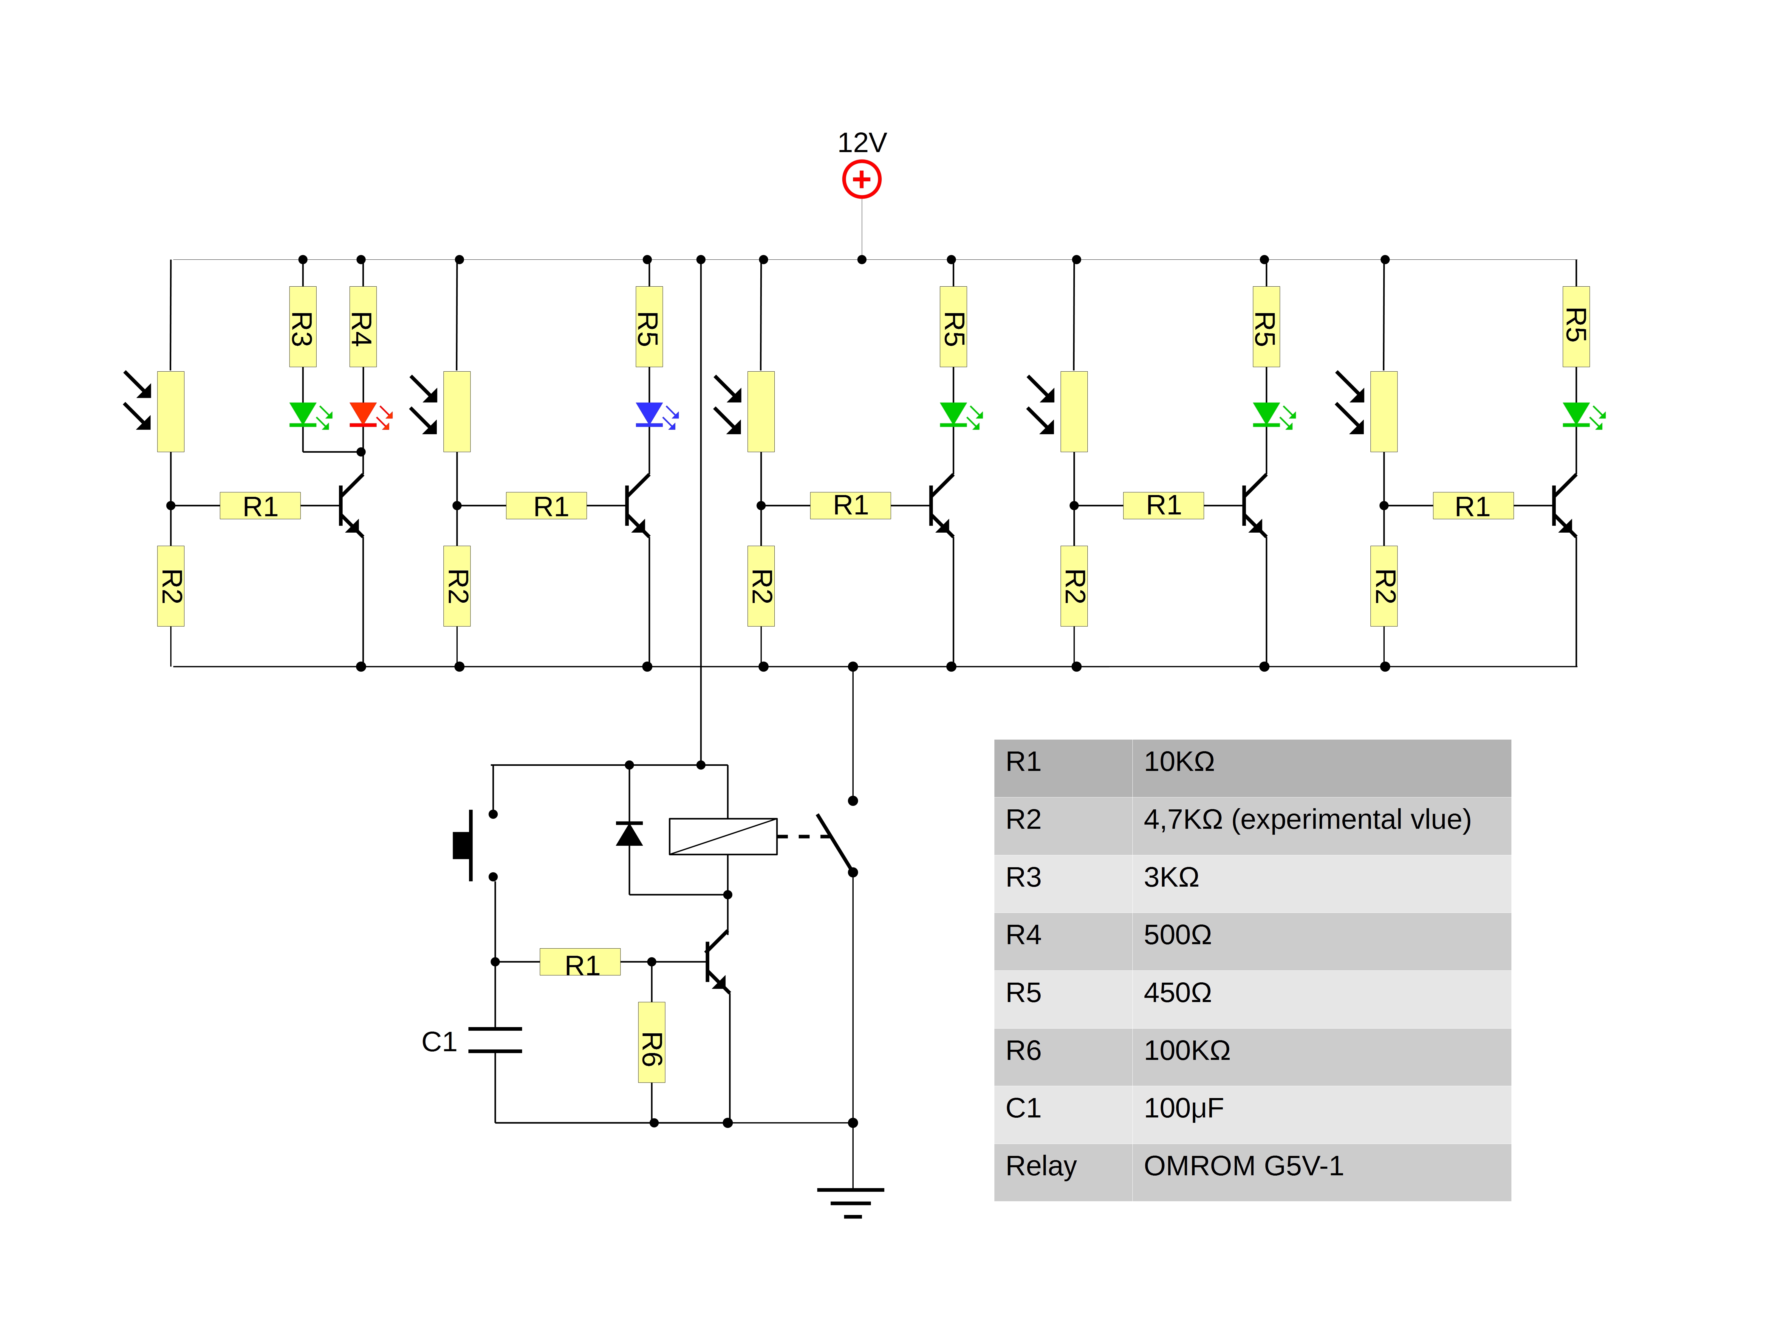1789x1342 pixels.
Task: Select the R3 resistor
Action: click(x=302, y=327)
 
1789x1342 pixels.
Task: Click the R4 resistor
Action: click(x=362, y=327)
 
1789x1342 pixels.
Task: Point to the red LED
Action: click(x=362, y=414)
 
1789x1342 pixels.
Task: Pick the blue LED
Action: click(x=649, y=414)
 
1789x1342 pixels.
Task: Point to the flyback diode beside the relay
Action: click(x=629, y=834)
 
